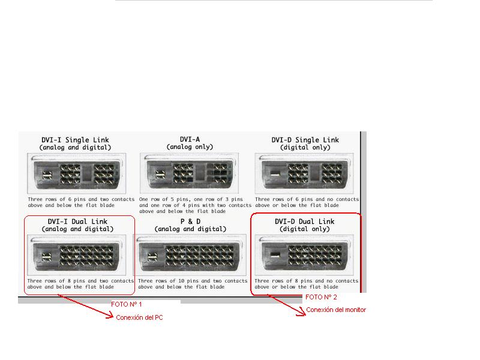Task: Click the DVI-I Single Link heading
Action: (x=76, y=140)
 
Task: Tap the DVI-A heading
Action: (x=190, y=139)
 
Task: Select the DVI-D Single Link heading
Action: (x=305, y=140)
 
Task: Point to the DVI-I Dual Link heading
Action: (x=77, y=221)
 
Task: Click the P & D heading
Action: (x=190, y=221)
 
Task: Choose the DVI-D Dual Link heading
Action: (x=305, y=221)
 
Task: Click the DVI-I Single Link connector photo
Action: (x=77, y=173)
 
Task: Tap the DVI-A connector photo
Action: (x=189, y=173)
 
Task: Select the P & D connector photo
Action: (x=190, y=255)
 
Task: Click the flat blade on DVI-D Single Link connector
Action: (x=275, y=175)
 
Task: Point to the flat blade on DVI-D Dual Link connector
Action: (x=275, y=254)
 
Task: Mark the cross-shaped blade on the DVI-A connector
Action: (x=160, y=175)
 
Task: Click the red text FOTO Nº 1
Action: (x=127, y=304)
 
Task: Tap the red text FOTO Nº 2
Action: (x=321, y=297)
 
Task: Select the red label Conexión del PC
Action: (x=139, y=317)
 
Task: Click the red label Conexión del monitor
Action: (x=336, y=310)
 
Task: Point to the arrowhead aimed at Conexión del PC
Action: (x=110, y=316)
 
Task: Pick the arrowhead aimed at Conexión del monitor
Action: (x=302, y=312)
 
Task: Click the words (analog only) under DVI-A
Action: (x=190, y=147)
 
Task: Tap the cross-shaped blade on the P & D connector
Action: (x=152, y=256)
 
